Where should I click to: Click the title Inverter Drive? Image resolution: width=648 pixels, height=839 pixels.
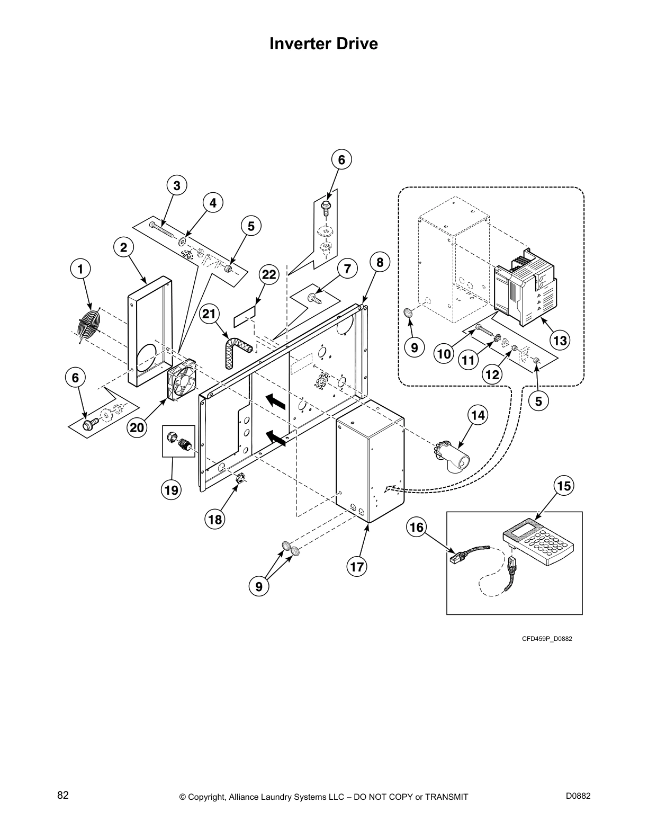323,43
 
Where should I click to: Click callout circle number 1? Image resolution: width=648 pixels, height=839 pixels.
80,269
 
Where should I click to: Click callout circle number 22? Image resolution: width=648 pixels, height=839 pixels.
269,275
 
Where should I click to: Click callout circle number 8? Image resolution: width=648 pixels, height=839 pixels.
380,262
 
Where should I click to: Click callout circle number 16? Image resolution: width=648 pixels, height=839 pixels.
417,527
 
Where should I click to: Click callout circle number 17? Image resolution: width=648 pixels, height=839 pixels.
357,567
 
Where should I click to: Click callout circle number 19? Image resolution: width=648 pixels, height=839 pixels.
172,490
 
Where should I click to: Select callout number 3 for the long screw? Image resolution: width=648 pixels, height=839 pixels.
177,185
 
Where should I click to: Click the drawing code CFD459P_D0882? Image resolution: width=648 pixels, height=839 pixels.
547,639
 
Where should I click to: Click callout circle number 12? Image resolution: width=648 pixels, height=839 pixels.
493,374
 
